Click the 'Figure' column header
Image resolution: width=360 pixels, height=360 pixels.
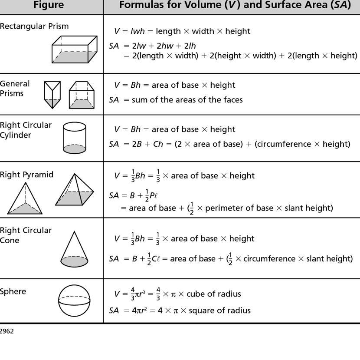[48, 5]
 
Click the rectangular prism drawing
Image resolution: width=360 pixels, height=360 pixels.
[74, 50]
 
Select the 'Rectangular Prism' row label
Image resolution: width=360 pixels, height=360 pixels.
[34, 26]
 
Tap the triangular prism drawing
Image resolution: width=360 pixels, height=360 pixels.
[52, 94]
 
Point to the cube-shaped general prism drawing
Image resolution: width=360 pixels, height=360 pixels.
[82, 95]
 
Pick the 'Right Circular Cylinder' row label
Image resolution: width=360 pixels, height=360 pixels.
[26, 130]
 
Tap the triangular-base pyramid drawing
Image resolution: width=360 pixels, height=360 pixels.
[25, 199]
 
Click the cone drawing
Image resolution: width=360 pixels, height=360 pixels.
[74, 249]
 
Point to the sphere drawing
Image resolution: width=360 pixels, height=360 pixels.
[74, 301]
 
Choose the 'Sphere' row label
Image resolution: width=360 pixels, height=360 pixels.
[13, 291]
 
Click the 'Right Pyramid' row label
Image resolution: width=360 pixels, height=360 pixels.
[26, 175]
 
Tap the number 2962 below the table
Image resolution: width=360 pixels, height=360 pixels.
[7, 331]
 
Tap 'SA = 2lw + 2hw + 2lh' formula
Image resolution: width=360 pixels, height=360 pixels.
[153, 46]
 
